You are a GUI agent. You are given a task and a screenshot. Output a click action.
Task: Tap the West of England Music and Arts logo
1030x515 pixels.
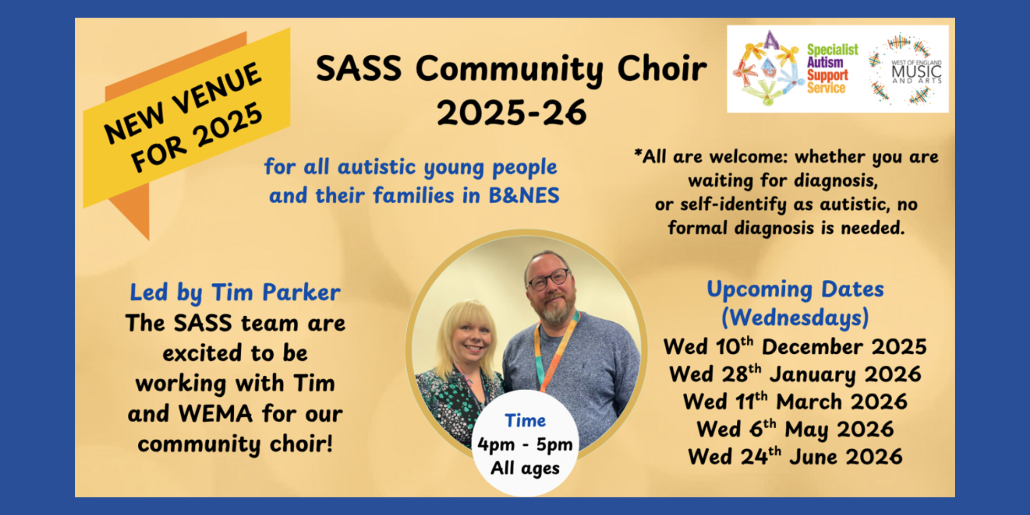point(906,70)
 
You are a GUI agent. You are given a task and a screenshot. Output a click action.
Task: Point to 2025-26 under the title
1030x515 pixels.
point(512,113)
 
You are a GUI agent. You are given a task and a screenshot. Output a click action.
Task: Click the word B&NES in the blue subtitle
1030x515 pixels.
point(524,196)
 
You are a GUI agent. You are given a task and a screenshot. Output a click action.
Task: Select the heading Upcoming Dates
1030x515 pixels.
point(795,289)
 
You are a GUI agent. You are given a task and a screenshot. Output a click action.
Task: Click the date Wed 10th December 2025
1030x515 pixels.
point(795,347)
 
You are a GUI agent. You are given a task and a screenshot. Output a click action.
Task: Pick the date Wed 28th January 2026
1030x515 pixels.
point(795,374)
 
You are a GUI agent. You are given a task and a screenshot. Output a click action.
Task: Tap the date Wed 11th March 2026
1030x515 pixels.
point(795,402)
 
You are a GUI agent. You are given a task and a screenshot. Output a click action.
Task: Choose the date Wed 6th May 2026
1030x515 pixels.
point(795,429)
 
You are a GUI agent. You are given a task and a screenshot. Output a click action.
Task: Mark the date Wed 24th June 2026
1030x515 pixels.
point(795,457)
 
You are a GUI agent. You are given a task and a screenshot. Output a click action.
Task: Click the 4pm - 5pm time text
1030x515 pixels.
point(525,444)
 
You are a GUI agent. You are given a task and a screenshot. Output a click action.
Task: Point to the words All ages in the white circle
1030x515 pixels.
point(525,468)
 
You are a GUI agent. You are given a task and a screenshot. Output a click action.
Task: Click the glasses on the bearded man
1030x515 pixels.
point(548,279)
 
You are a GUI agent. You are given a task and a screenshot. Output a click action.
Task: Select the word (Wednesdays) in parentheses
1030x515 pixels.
point(795,318)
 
